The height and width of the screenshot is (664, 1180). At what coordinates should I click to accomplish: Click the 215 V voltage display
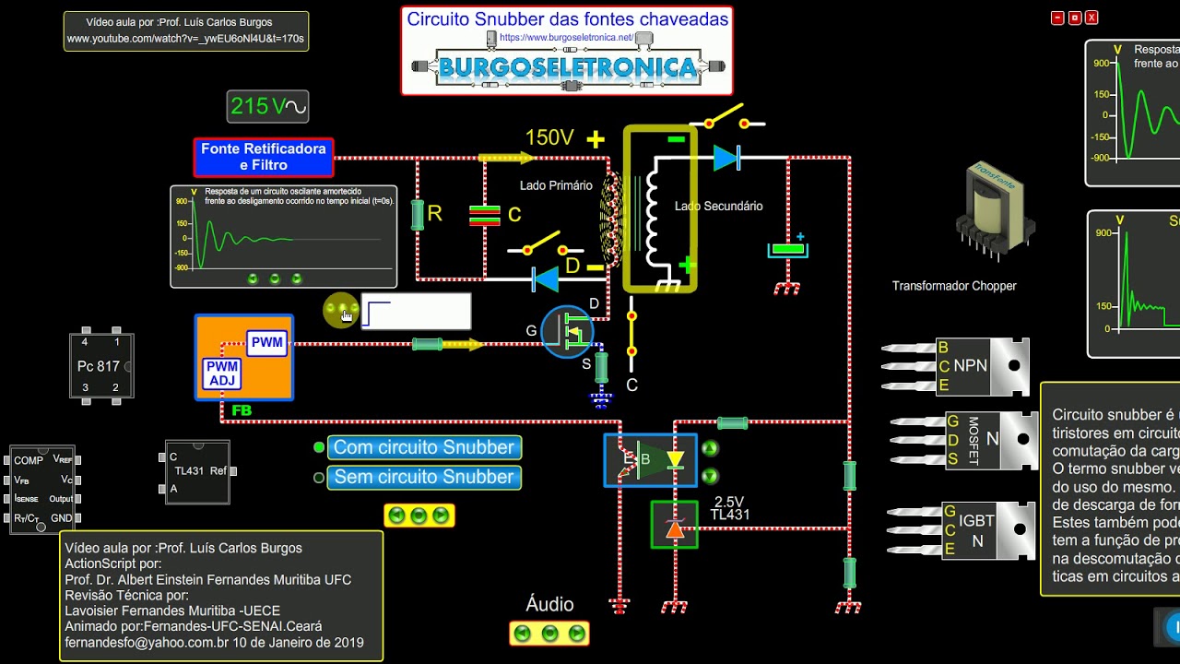[x=267, y=107]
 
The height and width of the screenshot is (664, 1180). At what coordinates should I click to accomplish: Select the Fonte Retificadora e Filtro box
[x=264, y=157]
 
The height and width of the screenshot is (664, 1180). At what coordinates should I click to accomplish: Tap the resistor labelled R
[x=418, y=215]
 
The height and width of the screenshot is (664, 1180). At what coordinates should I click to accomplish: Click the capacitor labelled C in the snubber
[x=485, y=216]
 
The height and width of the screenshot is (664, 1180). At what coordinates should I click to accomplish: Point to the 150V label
[x=549, y=138]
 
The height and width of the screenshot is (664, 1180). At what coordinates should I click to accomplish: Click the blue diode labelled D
[x=546, y=279]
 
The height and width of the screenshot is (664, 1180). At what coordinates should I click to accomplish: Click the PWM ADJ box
[x=222, y=373]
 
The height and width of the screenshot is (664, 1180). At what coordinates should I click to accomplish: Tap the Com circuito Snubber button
[x=424, y=447]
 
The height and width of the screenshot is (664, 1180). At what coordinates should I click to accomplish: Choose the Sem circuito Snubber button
[x=424, y=477]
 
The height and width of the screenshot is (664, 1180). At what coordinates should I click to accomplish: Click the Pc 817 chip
[x=101, y=366]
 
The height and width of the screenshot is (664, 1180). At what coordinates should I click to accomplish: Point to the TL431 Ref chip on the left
[x=197, y=471]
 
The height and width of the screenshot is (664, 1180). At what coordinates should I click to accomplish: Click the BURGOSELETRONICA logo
[x=567, y=66]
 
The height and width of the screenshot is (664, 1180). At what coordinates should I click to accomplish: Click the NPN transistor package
[x=983, y=366]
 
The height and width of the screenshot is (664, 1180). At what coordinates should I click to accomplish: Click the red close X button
[x=1091, y=18]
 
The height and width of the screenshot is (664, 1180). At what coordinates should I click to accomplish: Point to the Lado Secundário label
[x=719, y=207]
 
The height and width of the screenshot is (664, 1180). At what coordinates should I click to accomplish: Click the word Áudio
[x=549, y=605]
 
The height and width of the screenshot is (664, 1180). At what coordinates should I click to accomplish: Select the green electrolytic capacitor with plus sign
[x=788, y=249]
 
